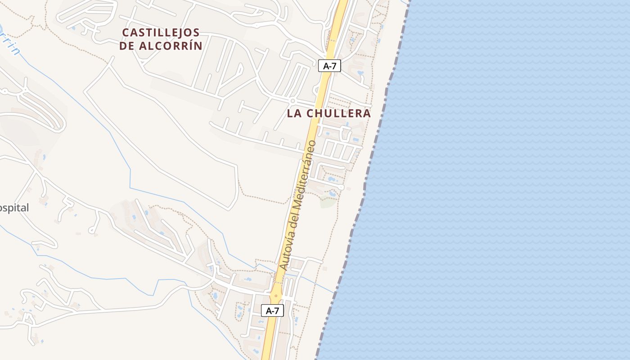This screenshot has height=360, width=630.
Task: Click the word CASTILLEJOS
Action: tap(161, 32)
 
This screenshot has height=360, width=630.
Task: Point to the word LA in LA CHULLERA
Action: tap(294, 113)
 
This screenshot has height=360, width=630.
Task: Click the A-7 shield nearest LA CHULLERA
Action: tap(329, 66)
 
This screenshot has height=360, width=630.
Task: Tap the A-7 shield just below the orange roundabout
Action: tap(272, 310)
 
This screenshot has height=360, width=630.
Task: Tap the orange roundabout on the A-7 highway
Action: tap(276, 296)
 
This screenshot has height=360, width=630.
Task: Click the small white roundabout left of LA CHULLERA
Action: tap(292, 100)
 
